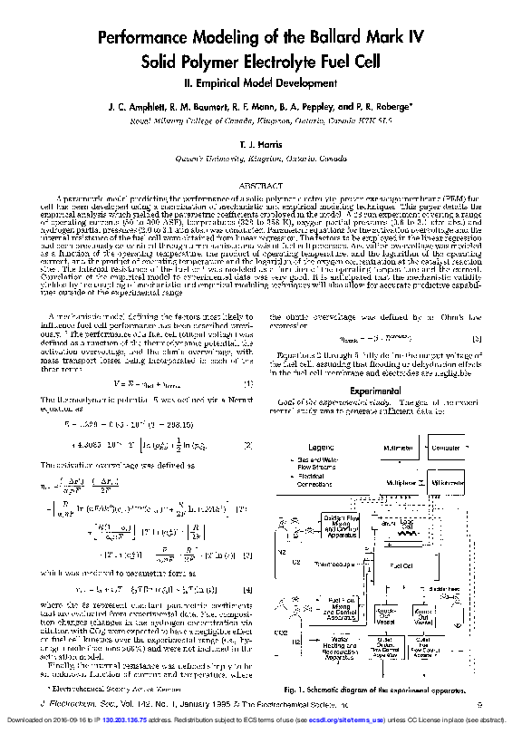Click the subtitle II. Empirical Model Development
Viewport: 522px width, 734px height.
(x=260, y=82)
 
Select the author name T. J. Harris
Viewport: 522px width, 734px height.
(x=260, y=144)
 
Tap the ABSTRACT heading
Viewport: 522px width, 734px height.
(x=261, y=186)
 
